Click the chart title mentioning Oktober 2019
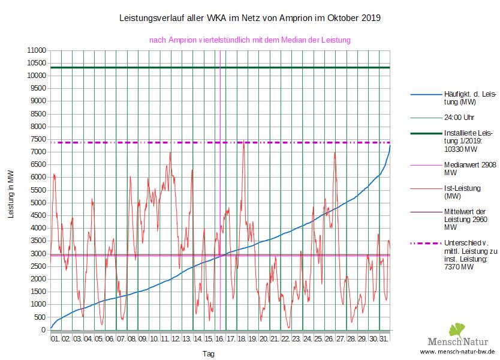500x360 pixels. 251,18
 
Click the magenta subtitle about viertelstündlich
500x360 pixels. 249,40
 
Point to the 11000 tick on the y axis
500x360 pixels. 37,50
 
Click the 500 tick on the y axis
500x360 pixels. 40,317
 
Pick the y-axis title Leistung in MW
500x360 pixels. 11,194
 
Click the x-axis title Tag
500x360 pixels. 208,354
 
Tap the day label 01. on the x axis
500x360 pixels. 55,339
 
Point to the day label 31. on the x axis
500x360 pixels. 384,339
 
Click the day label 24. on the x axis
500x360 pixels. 307,339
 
